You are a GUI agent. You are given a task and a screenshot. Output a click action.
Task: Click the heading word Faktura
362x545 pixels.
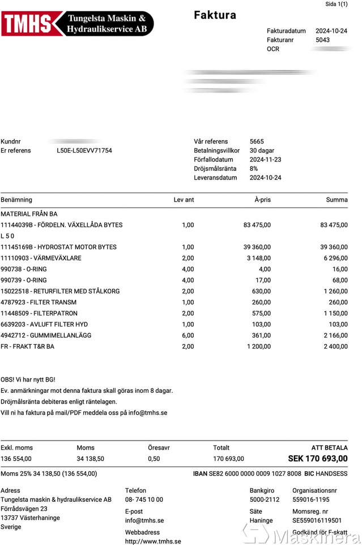[215, 15]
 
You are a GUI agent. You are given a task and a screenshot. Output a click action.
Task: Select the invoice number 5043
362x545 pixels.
[322, 40]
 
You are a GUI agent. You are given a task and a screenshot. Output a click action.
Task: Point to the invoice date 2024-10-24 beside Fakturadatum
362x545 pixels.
[331, 31]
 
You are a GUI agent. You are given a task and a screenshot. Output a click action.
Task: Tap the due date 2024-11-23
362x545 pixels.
[265, 160]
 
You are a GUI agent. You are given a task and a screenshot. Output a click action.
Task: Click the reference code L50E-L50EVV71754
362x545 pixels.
[84, 150]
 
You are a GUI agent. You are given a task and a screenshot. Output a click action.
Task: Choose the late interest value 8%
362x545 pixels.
[254, 169]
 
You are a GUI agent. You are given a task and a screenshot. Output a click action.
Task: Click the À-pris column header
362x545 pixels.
[262, 200]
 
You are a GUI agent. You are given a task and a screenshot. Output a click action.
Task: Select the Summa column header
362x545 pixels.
[337, 200]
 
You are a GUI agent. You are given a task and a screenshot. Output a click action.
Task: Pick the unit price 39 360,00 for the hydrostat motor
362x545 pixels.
[257, 247]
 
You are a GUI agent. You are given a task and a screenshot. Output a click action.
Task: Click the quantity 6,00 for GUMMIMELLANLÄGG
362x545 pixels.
[188, 336]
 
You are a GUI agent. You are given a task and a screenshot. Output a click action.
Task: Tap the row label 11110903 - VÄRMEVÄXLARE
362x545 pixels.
[41, 258]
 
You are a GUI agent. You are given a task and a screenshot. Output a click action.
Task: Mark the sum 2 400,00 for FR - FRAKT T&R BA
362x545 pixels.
[335, 346]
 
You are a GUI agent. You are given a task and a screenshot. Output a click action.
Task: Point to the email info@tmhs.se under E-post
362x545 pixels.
[144, 520]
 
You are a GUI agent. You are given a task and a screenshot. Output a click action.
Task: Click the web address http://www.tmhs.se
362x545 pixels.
[153, 542]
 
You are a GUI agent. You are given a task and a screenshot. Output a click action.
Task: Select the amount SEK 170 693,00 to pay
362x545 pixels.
[318, 459]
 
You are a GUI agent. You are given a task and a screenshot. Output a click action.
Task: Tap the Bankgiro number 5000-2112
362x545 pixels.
[264, 500]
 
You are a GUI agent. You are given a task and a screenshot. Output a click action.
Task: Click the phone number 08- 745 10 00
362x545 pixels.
[144, 500]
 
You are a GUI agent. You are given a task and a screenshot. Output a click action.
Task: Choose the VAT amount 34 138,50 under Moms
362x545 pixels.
[90, 459]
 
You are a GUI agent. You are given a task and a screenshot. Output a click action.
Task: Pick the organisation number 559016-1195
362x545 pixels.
[310, 500]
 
